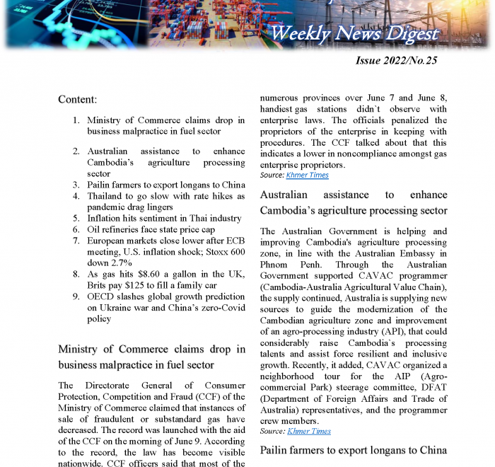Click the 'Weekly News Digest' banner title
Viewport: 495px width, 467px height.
[354, 33]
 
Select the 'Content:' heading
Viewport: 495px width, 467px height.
[78, 100]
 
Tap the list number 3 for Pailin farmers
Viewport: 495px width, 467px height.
[76, 185]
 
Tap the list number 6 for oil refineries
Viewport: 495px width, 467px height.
[76, 229]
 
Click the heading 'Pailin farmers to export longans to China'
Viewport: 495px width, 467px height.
[354, 451]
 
